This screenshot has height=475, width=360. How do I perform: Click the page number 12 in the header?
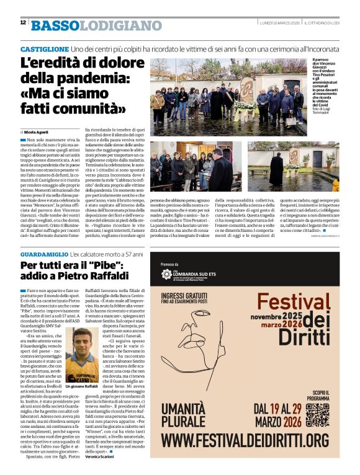pos(23,22)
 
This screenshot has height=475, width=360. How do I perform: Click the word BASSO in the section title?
pos(54,25)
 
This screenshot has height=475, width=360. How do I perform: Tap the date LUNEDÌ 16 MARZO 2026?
pos(279,22)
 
